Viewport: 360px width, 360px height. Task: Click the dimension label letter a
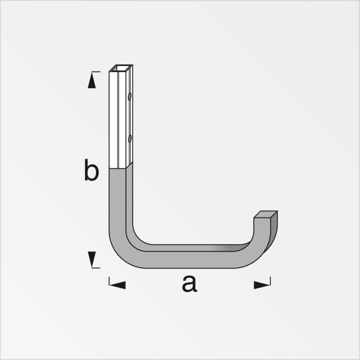coord(189,284)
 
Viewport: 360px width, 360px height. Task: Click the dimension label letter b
coord(91,171)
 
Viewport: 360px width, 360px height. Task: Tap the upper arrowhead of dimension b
coord(91,81)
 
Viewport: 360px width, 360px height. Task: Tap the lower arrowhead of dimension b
coord(91,259)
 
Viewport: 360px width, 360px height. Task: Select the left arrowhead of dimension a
coord(117,285)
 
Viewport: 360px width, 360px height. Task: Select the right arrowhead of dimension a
coord(262,285)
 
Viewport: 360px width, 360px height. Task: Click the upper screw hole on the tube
coord(130,95)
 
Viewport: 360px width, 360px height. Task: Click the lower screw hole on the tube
coord(130,137)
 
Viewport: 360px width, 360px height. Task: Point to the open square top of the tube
coord(121,68)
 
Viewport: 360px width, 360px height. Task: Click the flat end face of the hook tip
coord(265,215)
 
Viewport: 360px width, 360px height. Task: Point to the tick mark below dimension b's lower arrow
coord(95,267)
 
